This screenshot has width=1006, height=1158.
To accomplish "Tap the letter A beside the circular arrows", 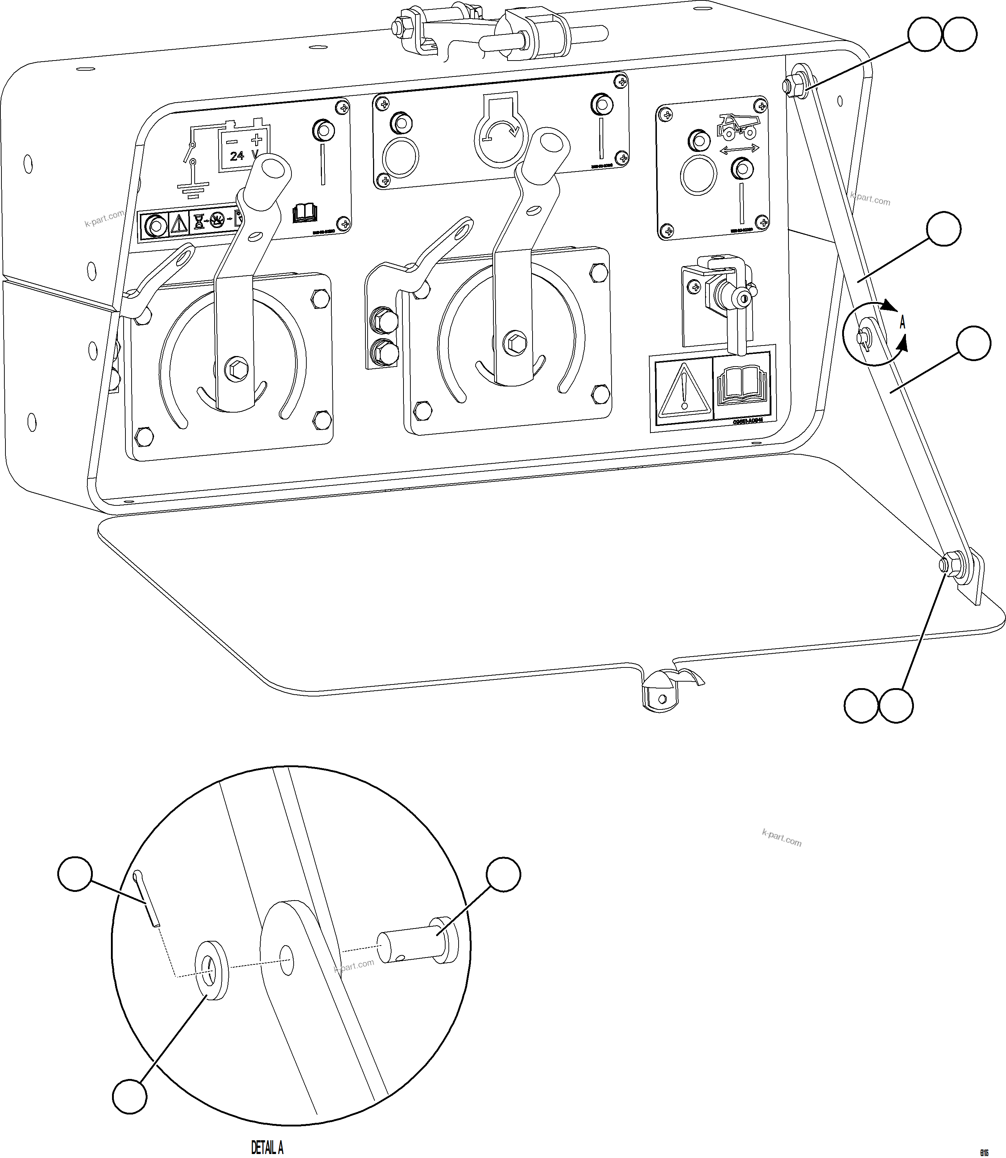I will point(903,323).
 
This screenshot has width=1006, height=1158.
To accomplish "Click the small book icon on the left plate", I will point(305,213).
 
